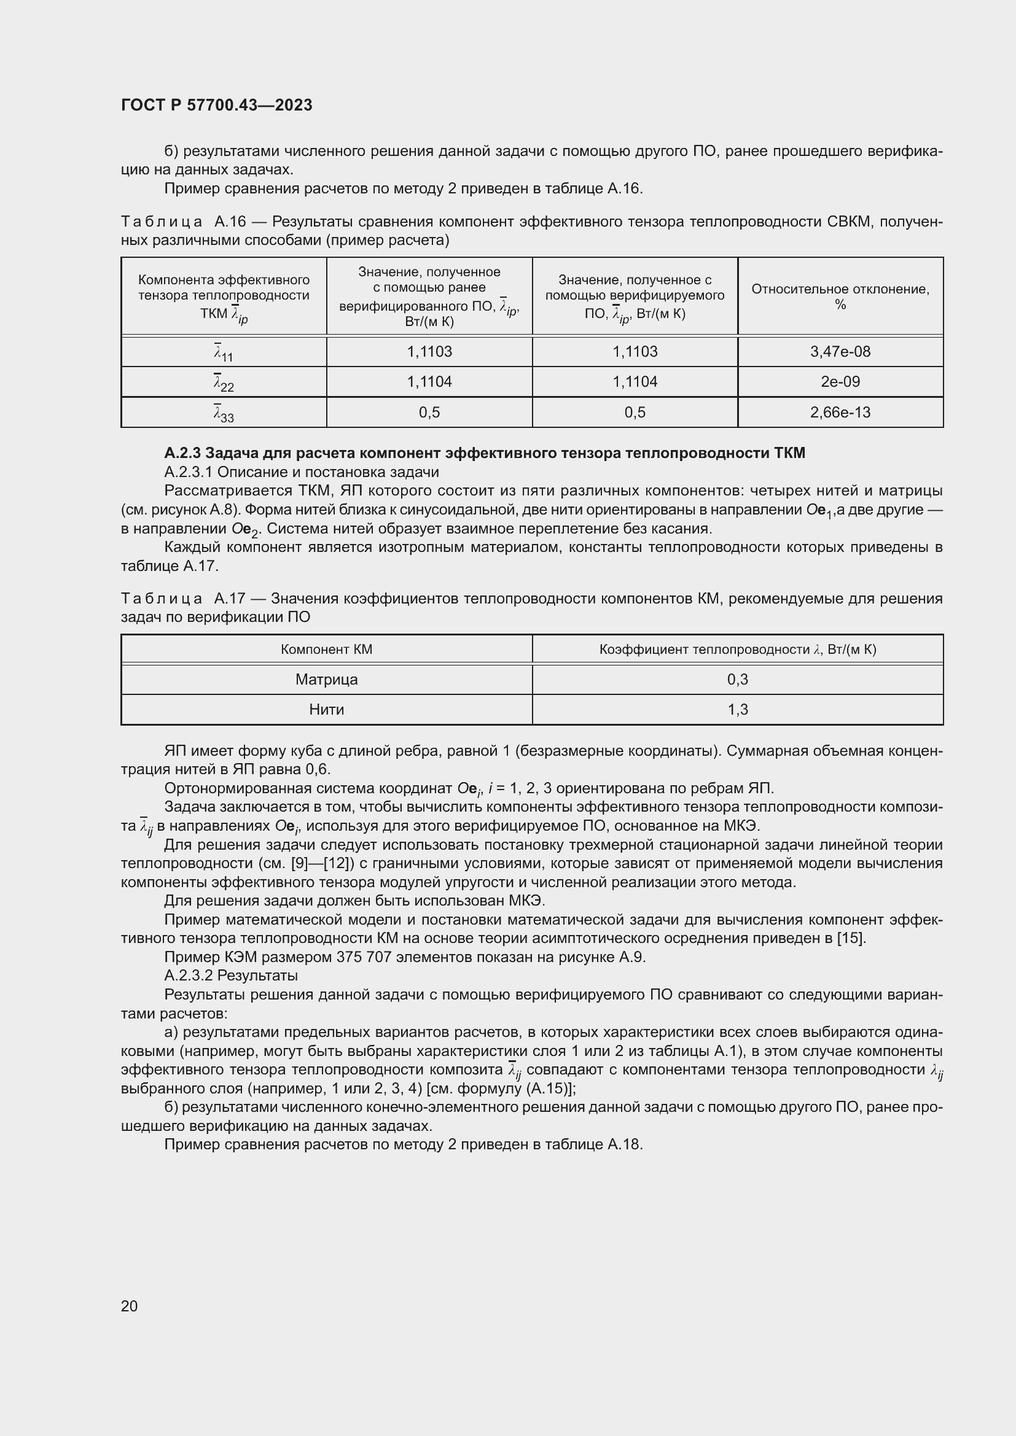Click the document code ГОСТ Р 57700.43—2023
(x=216, y=105)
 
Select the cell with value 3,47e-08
(x=840, y=352)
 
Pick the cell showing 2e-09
(x=840, y=381)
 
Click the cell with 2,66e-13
(x=840, y=412)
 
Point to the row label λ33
(x=224, y=413)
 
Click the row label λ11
(x=224, y=352)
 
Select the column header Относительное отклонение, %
(x=840, y=297)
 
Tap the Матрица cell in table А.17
(x=327, y=679)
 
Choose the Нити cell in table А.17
(x=327, y=709)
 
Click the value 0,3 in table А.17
(x=738, y=679)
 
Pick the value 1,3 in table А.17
(x=738, y=709)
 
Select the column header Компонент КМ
(x=327, y=649)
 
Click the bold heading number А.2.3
(x=182, y=453)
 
